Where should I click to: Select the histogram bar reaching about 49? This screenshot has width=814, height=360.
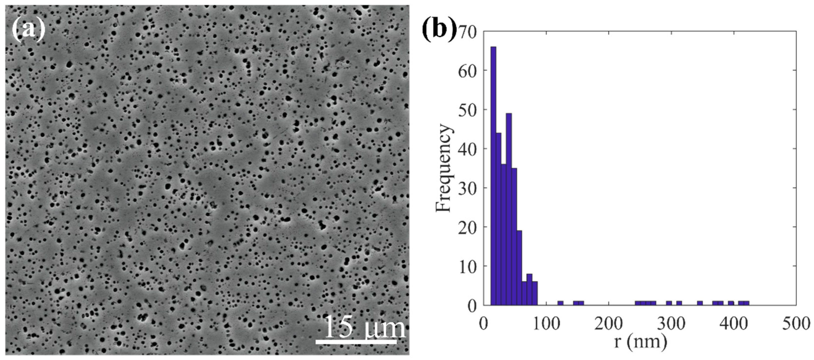[x=509, y=209]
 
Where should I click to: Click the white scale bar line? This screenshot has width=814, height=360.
[x=356, y=342]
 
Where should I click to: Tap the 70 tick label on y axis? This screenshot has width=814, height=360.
[x=467, y=32]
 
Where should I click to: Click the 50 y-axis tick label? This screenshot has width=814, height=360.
[x=467, y=111]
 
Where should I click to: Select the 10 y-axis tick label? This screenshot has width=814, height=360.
[x=467, y=267]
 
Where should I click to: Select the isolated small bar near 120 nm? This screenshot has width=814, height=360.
[x=560, y=303]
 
